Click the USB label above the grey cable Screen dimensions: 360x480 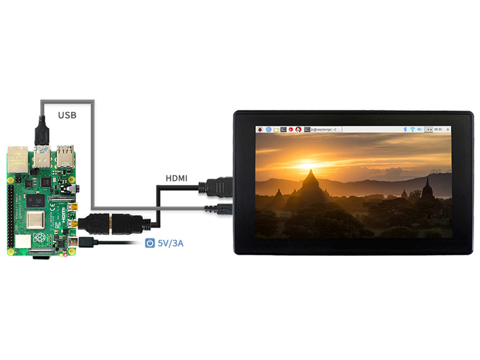(67, 115)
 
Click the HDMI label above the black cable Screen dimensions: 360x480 (177, 178)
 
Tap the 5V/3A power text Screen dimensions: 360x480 (171, 243)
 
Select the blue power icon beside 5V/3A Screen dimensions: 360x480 (150, 243)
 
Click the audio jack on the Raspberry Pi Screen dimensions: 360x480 (73, 188)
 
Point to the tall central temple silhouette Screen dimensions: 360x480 (310, 185)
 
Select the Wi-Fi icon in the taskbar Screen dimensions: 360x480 (412, 129)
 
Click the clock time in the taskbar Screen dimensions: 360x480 (438, 129)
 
